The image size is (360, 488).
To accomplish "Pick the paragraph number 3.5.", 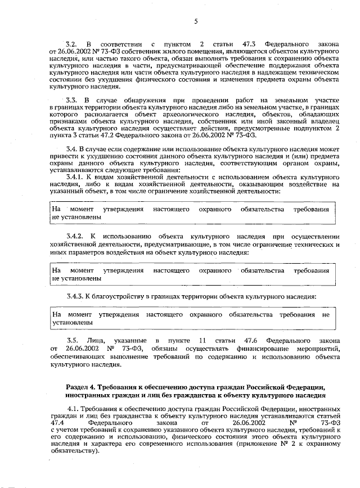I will pos(71,341).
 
